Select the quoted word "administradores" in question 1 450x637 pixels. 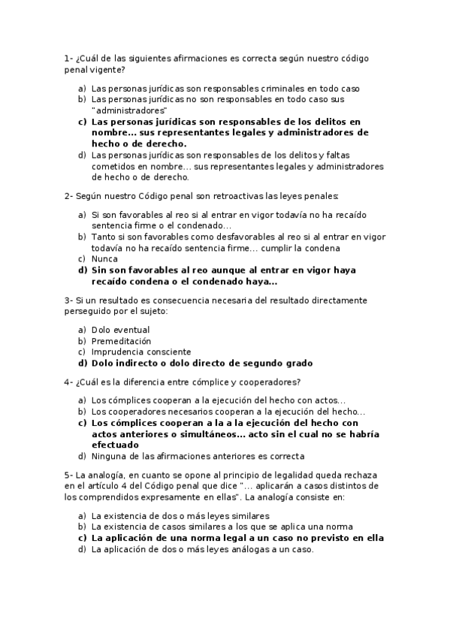(124, 110)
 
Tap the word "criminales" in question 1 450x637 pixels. (240, 88)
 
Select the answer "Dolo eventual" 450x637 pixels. (120, 330)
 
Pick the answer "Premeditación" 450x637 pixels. (121, 341)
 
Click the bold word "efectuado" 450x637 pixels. (116, 445)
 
